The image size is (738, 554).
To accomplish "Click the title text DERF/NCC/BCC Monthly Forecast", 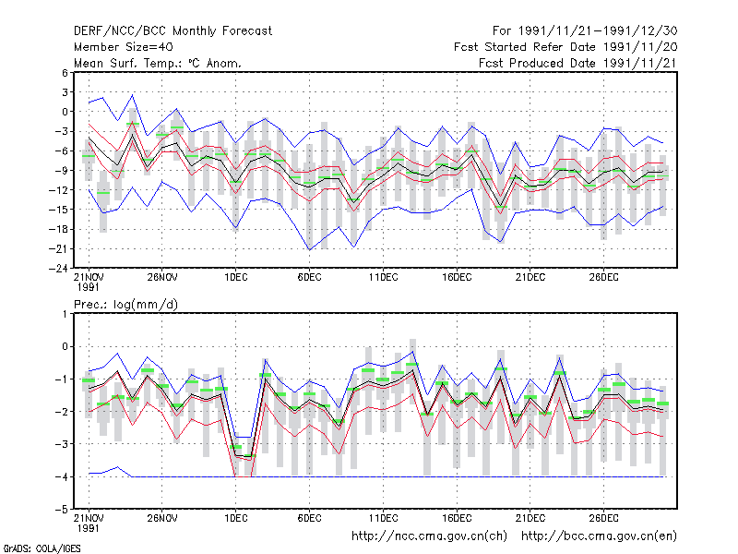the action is click(173, 31).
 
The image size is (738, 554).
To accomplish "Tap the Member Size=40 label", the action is click(124, 47).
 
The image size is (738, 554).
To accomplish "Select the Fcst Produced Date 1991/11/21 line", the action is click(577, 63).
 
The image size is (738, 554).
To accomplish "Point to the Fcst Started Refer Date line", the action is click(565, 47).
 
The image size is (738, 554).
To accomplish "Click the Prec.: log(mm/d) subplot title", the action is click(125, 305).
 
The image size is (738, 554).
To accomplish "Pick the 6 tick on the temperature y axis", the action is click(65, 73).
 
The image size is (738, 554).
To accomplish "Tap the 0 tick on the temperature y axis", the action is click(65, 112).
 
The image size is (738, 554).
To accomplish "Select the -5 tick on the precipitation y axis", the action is click(62, 510).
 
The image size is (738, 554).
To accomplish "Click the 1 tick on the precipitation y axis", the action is click(65, 314).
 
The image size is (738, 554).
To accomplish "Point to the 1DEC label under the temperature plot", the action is click(236, 277).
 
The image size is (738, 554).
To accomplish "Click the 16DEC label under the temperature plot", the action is click(457, 277).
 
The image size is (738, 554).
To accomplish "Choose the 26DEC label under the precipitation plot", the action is click(604, 518).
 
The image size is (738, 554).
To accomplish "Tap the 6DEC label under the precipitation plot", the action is click(309, 518).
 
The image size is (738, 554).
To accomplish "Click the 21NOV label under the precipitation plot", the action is click(89, 518).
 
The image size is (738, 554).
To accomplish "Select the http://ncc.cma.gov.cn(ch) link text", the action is click(429, 536).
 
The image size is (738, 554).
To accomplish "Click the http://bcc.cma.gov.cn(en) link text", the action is click(599, 536).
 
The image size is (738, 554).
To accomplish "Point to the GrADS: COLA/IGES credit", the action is click(42, 548).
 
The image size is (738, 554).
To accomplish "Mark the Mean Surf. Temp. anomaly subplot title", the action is click(158, 63).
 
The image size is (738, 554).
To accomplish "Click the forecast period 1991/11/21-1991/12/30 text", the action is click(598, 31).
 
